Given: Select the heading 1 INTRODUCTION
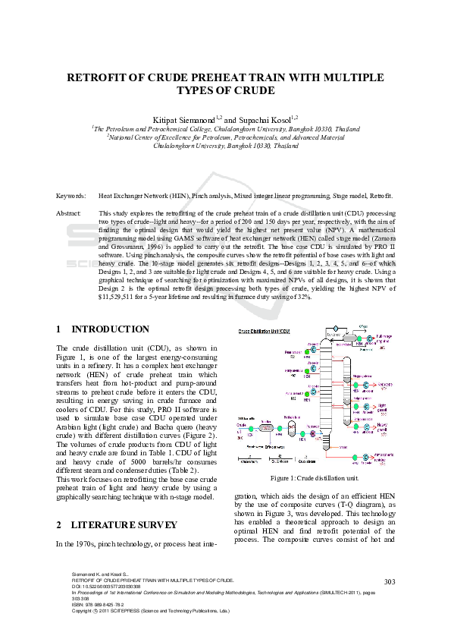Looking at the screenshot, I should click(x=103, y=329).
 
